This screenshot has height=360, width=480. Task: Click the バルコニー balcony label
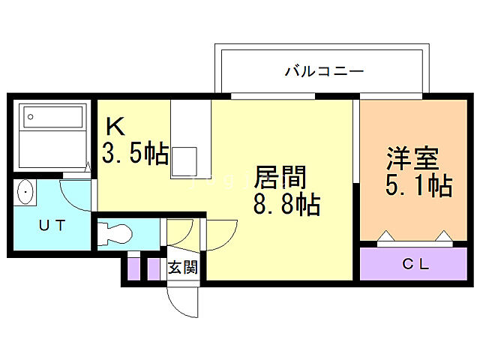pyautogui.click(x=324, y=72)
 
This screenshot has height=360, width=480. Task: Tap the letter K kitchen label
pyautogui.click(x=114, y=124)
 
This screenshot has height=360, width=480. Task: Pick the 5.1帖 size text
pyautogui.click(x=418, y=184)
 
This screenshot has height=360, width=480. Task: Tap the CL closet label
pyautogui.click(x=413, y=263)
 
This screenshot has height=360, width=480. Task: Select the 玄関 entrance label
pyautogui.click(x=182, y=267)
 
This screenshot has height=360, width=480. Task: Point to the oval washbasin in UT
pyautogui.click(x=26, y=194)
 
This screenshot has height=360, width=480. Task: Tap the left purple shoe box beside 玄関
pyautogui.click(x=133, y=268)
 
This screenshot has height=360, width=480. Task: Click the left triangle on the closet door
pyautogui.click(x=385, y=238)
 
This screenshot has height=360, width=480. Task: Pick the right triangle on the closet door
pyautogui.click(x=444, y=238)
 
